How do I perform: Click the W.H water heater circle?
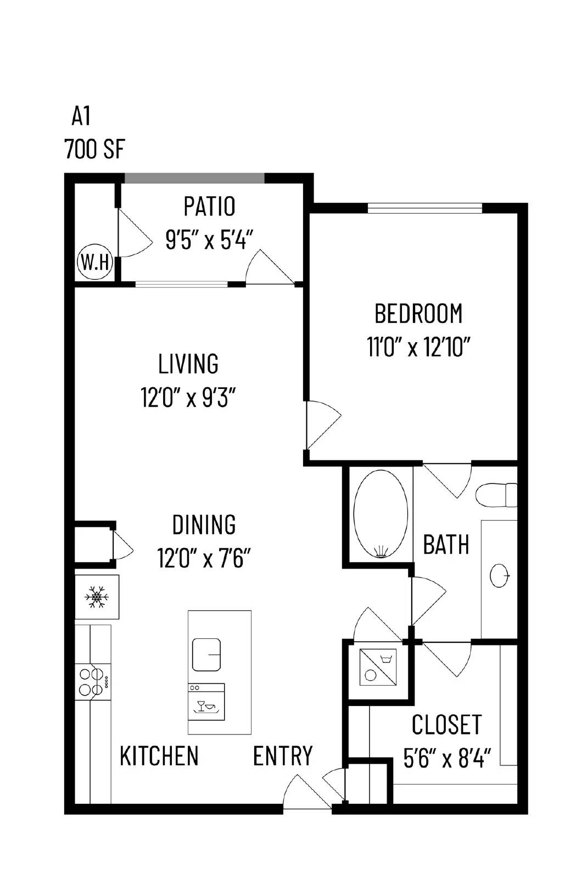pyautogui.click(x=95, y=263)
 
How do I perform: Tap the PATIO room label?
pyautogui.click(x=209, y=207)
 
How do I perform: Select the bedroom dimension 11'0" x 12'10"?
pyautogui.click(x=419, y=347)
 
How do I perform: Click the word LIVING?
pyautogui.click(x=188, y=364)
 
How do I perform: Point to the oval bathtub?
pyautogui.click(x=381, y=515)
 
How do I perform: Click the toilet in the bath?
pyautogui.click(x=496, y=494)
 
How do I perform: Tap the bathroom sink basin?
pyautogui.click(x=499, y=575)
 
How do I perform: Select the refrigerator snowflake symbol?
pyautogui.click(x=97, y=597)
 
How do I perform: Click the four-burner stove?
pyautogui.click(x=92, y=681)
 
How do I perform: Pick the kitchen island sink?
pyautogui.click(x=206, y=654)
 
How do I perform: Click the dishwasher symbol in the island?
pyautogui.click(x=206, y=702)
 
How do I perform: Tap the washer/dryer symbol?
pyautogui.click(x=378, y=666)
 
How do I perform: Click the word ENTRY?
pyautogui.click(x=283, y=756)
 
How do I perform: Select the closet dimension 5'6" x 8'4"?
pyautogui.click(x=446, y=759)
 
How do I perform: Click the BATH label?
pyautogui.click(x=446, y=544)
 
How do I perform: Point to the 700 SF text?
pyautogui.click(x=94, y=149)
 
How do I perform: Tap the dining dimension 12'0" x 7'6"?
pyautogui.click(x=204, y=559)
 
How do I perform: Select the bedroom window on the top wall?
pyautogui.click(x=424, y=208)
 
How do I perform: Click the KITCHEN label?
pyautogui.click(x=159, y=756)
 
